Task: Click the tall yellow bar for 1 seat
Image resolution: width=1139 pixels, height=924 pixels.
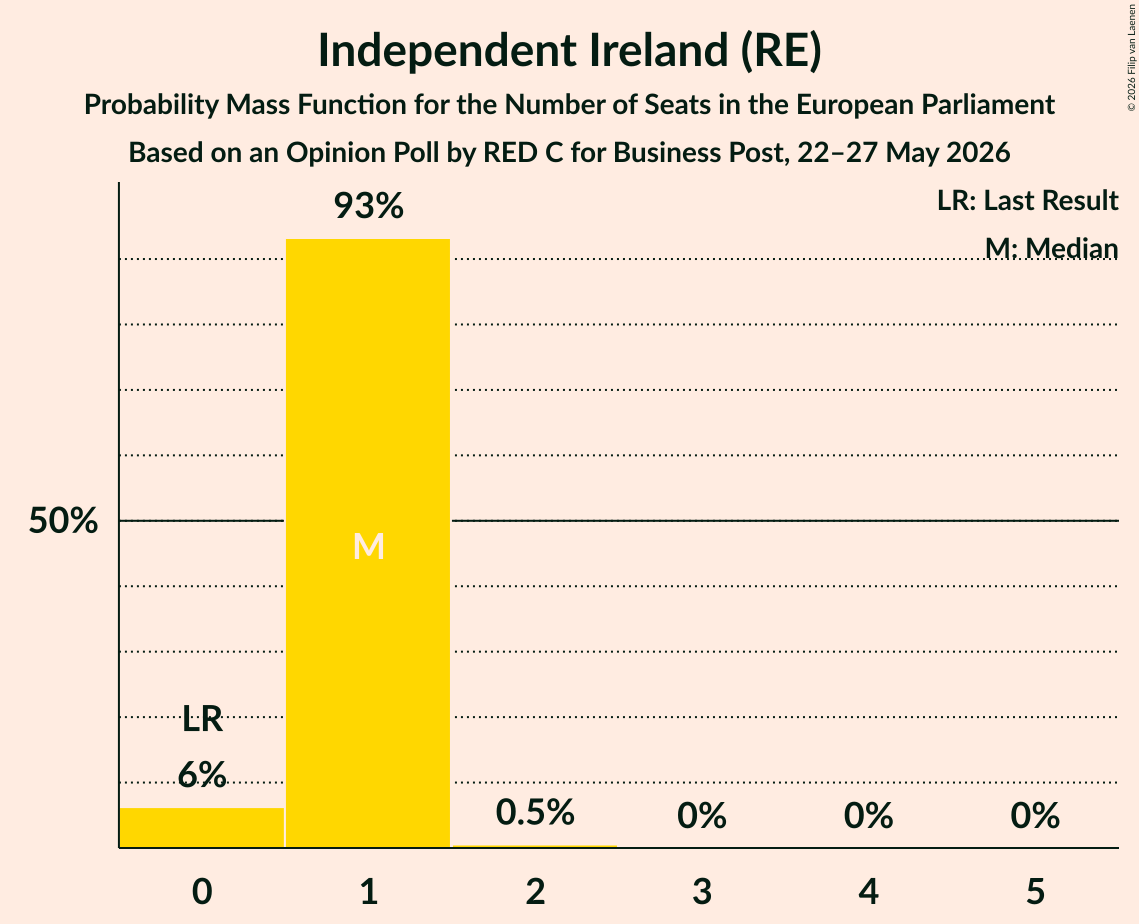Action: click(368, 543)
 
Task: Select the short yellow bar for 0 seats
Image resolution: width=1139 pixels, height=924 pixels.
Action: click(202, 827)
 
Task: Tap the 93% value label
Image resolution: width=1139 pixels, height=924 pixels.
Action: click(368, 206)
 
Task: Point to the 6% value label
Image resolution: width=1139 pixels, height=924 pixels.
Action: click(202, 774)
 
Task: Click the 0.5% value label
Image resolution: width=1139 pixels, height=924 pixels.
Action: click(535, 812)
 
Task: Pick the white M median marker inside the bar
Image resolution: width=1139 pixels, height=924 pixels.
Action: click(368, 546)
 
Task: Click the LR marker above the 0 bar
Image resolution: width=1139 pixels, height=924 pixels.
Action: click(202, 719)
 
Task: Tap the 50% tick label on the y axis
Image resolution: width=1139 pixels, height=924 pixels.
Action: click(63, 521)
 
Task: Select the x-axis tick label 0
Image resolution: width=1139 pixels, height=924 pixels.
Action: click(202, 891)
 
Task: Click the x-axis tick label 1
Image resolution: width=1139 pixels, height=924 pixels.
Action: click(369, 891)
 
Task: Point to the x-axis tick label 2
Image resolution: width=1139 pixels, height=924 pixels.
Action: click(535, 891)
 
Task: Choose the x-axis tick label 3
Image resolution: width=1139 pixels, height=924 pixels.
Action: click(702, 891)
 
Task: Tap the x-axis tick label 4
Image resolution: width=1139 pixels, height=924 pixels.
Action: click(869, 891)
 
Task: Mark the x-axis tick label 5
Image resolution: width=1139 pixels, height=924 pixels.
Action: click(1035, 891)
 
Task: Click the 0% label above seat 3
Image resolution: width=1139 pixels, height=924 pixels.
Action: click(702, 816)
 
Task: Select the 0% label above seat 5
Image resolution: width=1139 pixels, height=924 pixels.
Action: click(1035, 816)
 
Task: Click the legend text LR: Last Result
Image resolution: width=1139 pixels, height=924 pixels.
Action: click(1027, 200)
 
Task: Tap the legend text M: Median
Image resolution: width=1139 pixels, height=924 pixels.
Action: click(1051, 248)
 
